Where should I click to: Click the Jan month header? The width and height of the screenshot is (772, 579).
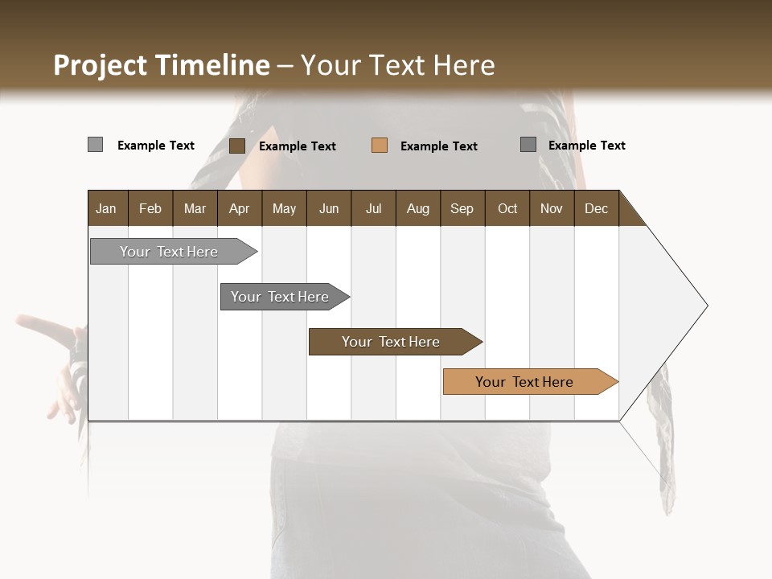[106, 208]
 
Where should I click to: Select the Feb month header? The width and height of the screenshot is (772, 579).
[150, 208]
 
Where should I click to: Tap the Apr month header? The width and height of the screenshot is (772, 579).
[239, 208]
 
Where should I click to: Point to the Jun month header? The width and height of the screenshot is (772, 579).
[329, 208]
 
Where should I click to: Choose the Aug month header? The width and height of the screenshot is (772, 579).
[417, 208]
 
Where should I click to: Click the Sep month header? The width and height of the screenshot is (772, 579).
[462, 208]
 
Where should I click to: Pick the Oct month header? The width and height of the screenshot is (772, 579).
[507, 208]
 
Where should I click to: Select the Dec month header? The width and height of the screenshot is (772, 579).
[596, 208]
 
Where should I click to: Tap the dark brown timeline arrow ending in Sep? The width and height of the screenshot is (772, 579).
[392, 342]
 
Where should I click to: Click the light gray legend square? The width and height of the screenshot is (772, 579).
[95, 145]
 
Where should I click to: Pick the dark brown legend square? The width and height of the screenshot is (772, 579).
[237, 146]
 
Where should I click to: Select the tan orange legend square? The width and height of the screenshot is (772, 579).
[380, 146]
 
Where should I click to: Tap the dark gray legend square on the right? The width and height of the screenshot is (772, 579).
[528, 145]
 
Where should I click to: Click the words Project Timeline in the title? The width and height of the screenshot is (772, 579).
[161, 65]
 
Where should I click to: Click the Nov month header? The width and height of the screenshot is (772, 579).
[552, 208]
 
